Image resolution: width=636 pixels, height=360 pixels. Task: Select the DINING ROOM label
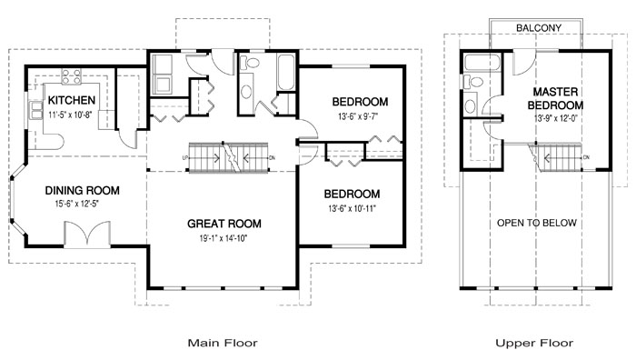(x=83, y=191)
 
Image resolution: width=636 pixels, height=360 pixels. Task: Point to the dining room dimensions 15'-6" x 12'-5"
(x=83, y=205)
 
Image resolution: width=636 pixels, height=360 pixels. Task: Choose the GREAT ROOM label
(x=224, y=223)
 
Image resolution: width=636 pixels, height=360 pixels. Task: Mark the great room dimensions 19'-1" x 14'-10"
(x=224, y=237)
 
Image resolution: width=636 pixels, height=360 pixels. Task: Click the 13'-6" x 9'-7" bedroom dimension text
(x=360, y=115)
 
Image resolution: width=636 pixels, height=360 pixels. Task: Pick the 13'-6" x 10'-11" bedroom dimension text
(x=353, y=208)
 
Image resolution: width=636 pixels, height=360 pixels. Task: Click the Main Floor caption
(x=222, y=343)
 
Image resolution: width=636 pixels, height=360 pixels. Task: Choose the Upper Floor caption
(x=534, y=343)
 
